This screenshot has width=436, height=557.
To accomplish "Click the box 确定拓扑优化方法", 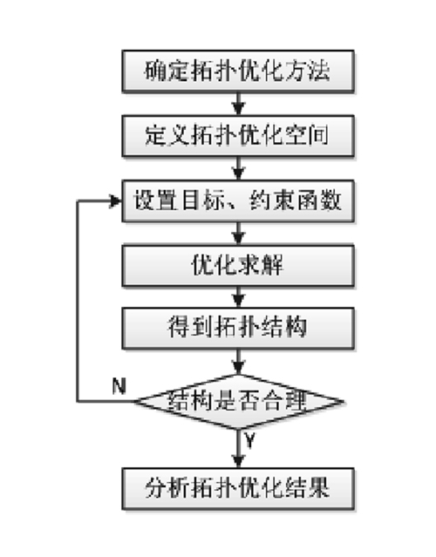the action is pos(238,71).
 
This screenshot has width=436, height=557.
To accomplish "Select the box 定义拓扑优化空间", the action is pos(238,136).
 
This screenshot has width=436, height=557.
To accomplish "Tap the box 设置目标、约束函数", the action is pos(238,201).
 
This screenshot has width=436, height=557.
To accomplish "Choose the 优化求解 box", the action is pos(238,265).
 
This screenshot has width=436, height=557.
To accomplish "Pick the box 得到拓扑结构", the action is pos(238,329).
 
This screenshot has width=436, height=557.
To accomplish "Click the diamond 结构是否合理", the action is pos(239,402).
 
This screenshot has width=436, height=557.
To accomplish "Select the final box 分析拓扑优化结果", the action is pos(238,489).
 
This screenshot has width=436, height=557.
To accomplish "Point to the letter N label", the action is pos(119,386).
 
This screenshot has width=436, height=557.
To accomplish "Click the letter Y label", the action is pos(249,440).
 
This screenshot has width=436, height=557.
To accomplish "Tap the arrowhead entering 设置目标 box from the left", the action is pos(116,201).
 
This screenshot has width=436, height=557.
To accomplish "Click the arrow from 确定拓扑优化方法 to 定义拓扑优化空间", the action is pos(238,104).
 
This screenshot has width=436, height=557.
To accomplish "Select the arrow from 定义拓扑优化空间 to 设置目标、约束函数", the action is pos(238,168).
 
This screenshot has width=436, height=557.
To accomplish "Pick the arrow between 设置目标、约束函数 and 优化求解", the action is pos(238,234).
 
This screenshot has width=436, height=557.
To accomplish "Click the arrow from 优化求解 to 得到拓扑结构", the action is pos(238,297).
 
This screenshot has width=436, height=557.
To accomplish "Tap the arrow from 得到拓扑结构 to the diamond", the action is pos(238,362).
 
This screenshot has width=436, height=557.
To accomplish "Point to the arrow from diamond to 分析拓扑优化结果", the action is pos(238,449).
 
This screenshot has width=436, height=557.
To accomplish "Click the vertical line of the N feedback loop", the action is pos(78,302).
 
